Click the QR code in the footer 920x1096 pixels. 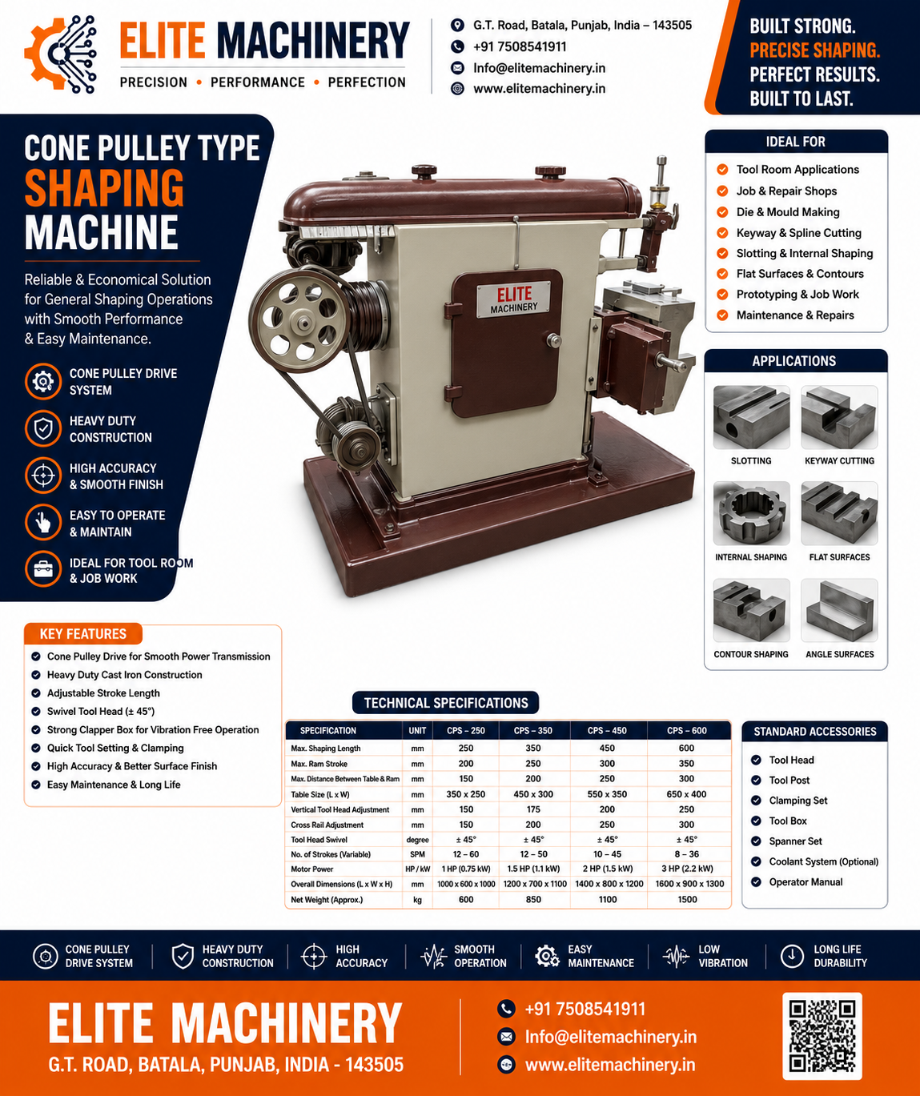coord(822,1036)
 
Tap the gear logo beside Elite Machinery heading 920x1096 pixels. coord(60,54)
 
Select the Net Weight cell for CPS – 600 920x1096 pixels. coord(687,899)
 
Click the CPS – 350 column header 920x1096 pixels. coord(532,730)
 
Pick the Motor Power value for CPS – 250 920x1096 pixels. coord(466,869)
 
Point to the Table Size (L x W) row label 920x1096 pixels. coord(319,794)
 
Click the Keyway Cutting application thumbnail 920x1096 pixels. coord(839,417)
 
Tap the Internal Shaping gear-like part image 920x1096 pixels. coord(751,513)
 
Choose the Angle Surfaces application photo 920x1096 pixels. coord(839,611)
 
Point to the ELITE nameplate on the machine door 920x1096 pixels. coord(513,299)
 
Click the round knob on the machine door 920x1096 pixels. coord(554,341)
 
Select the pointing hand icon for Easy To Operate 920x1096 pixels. coord(43,522)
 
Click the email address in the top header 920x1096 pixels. coord(539,68)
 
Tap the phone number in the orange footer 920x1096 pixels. coord(585,1009)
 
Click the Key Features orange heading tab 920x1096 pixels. coord(83,633)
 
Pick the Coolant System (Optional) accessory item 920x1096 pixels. coord(823,861)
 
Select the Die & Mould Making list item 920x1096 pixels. coord(788,212)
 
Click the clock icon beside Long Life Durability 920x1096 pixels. coord(792,956)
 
